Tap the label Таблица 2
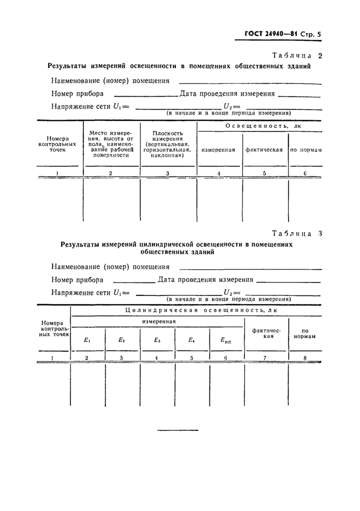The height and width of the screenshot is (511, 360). click(x=296, y=56)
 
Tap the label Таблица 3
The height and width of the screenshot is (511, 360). click(x=296, y=233)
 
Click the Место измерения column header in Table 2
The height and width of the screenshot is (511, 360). click(x=111, y=143)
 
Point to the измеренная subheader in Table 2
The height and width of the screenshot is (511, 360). click(x=219, y=150)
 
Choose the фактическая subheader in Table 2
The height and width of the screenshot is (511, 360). click(x=264, y=150)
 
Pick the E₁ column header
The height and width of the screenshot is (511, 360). click(x=86, y=340)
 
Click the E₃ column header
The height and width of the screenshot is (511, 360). click(x=156, y=340)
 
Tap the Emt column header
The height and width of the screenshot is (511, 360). click(x=226, y=340)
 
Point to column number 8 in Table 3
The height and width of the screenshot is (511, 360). click(x=304, y=357)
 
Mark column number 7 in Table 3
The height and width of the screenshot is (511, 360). click(x=264, y=357)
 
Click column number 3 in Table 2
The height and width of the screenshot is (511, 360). click(x=168, y=173)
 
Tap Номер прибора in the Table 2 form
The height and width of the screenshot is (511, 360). click(x=77, y=94)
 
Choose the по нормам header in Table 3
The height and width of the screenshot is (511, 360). click(x=304, y=334)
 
